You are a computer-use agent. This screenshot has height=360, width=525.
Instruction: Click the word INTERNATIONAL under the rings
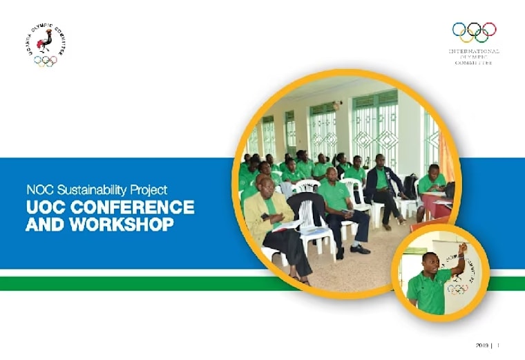click(474, 51)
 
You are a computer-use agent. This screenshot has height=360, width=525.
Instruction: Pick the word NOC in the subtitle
click(38, 189)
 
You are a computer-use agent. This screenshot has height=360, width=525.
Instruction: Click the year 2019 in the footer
click(482, 345)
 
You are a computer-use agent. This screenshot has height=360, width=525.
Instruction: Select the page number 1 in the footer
click(497, 345)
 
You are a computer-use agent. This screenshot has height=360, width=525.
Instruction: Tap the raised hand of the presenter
click(463, 247)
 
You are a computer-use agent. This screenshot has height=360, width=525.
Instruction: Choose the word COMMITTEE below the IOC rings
click(474, 63)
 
